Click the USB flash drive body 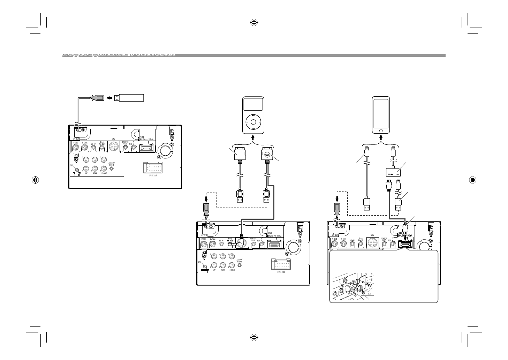pyautogui.click(x=131, y=98)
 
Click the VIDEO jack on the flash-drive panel pyautogui.click(x=75, y=148)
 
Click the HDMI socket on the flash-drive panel pyautogui.click(x=146, y=148)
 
